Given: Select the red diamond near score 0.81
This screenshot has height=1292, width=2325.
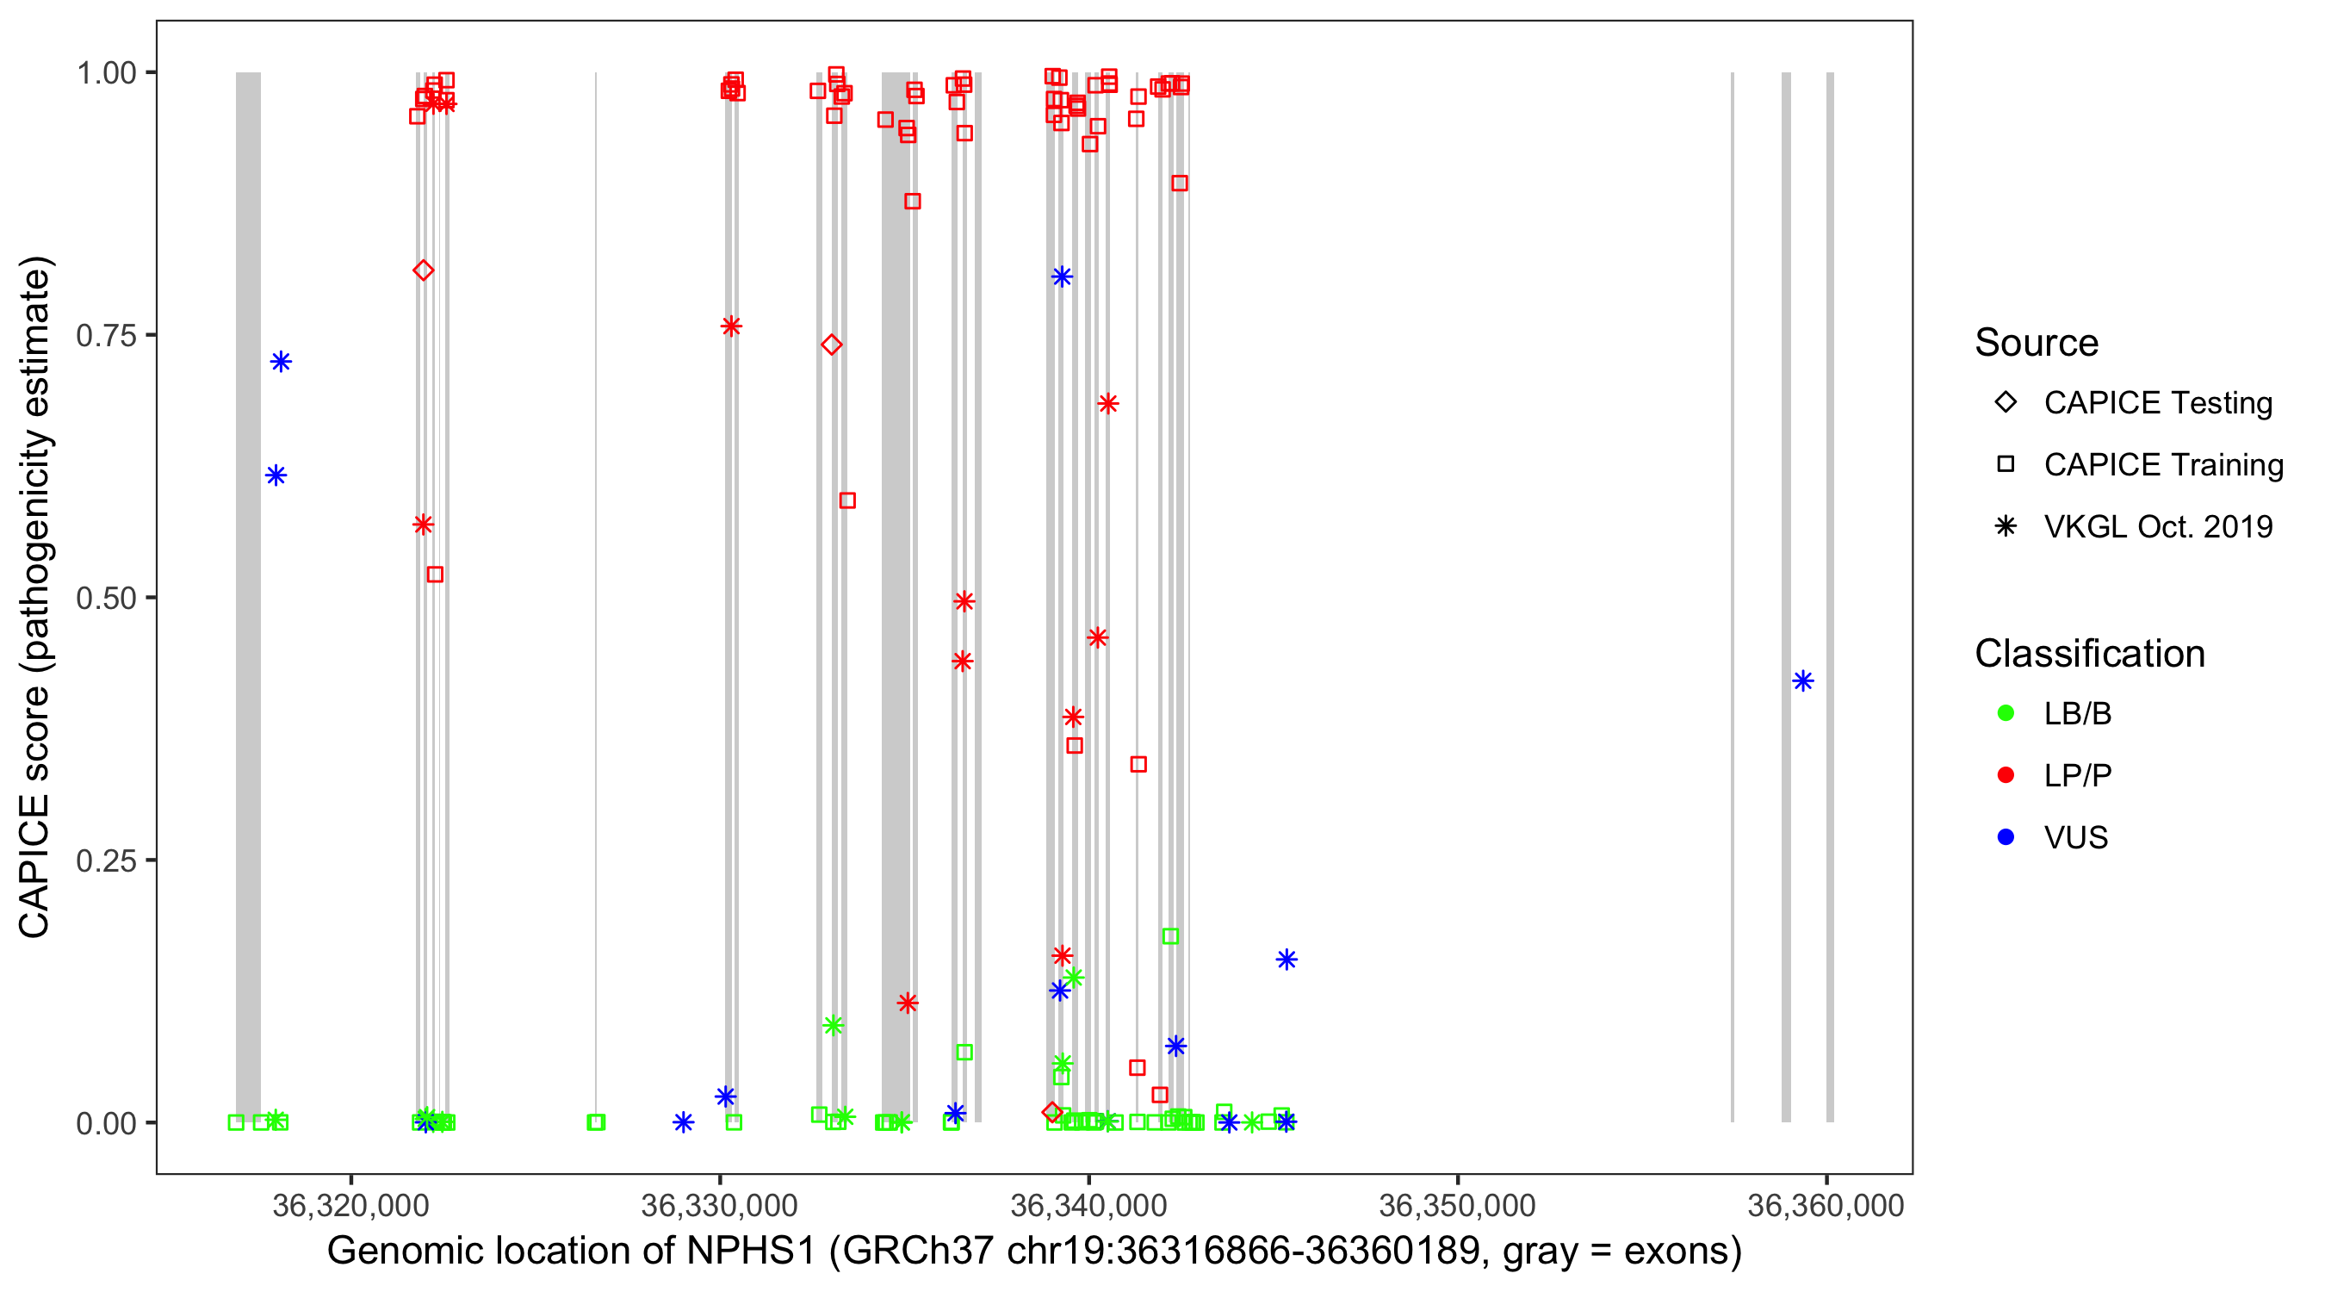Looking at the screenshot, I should pos(424,270).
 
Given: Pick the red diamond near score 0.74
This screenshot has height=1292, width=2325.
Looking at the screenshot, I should pos(831,344).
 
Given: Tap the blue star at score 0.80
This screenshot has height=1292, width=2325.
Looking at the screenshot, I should pos(1062,276).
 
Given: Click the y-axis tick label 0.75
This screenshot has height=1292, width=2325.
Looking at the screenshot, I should pos(105,335).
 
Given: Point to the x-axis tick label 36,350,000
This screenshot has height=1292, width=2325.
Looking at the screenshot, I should pos(1457,1204).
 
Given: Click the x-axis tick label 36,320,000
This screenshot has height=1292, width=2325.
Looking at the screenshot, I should pos(350,1204).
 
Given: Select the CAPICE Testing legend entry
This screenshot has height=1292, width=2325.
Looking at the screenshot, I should pos(2157,403).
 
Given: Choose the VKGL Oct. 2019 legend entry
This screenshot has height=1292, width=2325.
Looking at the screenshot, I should pos(2157,526).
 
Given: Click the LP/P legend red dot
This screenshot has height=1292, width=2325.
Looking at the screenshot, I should pos(2006,775).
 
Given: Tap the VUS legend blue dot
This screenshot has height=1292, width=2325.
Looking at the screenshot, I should pos(2006,838).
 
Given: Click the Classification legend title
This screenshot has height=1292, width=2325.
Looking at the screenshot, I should pos(2088,654).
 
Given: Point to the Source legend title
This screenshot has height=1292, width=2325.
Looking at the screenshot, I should pos(2036,343).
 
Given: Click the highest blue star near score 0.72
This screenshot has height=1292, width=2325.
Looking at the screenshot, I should pos(281,362).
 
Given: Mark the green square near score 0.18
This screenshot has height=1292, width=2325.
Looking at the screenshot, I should pos(1169,936).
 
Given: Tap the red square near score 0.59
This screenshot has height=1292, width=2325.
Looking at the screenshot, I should pos(846,500).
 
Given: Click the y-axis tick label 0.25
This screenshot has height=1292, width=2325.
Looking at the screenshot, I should pos(105,860).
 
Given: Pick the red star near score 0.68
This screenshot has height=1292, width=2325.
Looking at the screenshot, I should pos(1107,404).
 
